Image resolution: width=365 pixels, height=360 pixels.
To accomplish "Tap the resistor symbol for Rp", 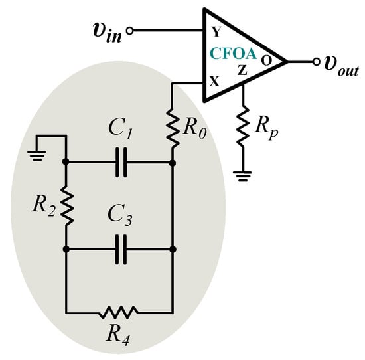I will pos(243,126).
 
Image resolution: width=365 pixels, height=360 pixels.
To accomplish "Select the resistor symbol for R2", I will pos(66,206).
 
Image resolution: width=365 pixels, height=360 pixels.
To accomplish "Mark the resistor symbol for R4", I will pos(119,311).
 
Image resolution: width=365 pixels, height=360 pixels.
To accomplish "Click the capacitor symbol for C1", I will pos(119,162).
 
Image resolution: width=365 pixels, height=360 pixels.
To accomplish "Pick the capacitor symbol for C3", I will pos(119,250).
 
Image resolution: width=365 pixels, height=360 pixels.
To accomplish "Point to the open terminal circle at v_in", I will pos(131,30).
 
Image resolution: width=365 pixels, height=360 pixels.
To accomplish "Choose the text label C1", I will pos(120,132).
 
